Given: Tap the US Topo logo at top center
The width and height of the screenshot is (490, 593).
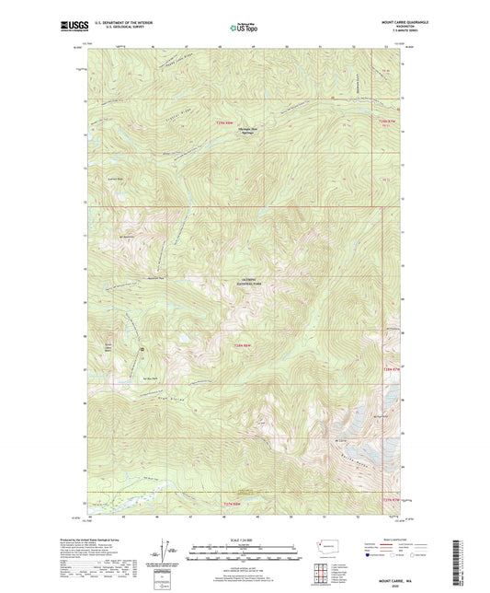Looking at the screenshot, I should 245,28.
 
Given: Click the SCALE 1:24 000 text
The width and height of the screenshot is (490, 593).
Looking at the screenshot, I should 245,541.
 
